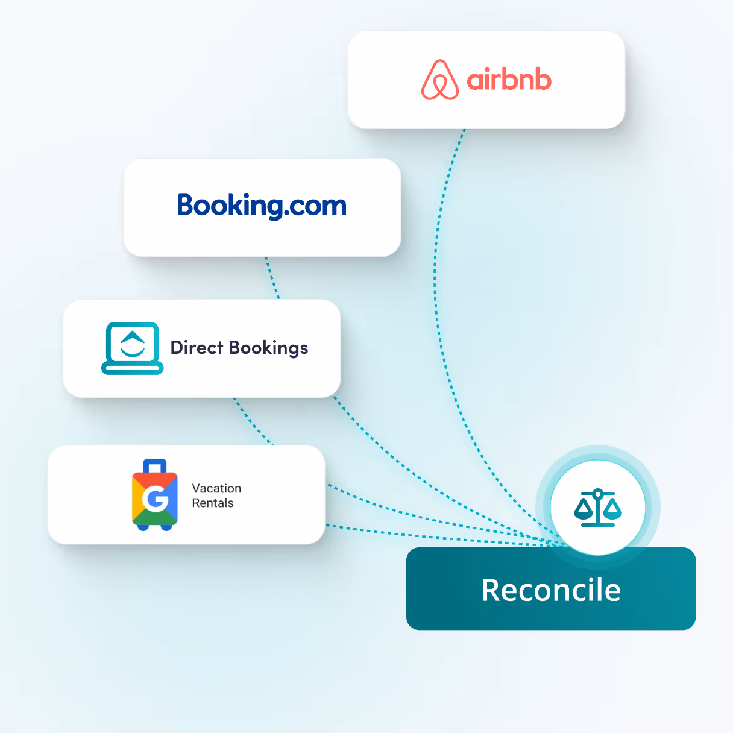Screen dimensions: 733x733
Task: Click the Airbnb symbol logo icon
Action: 440,80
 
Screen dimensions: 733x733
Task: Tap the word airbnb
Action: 509,80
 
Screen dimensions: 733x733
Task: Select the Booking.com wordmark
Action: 262,206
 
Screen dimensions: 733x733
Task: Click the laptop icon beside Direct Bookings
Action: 133,348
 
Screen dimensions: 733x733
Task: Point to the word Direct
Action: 197,348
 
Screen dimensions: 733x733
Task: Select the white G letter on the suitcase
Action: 155,499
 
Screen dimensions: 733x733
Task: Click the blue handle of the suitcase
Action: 155,466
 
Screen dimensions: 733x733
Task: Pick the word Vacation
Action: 216,488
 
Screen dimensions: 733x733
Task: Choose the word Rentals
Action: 213,503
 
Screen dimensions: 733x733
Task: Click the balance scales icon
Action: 597,508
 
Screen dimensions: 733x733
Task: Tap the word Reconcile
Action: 551,590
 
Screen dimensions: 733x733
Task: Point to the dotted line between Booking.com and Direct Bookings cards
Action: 272,278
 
